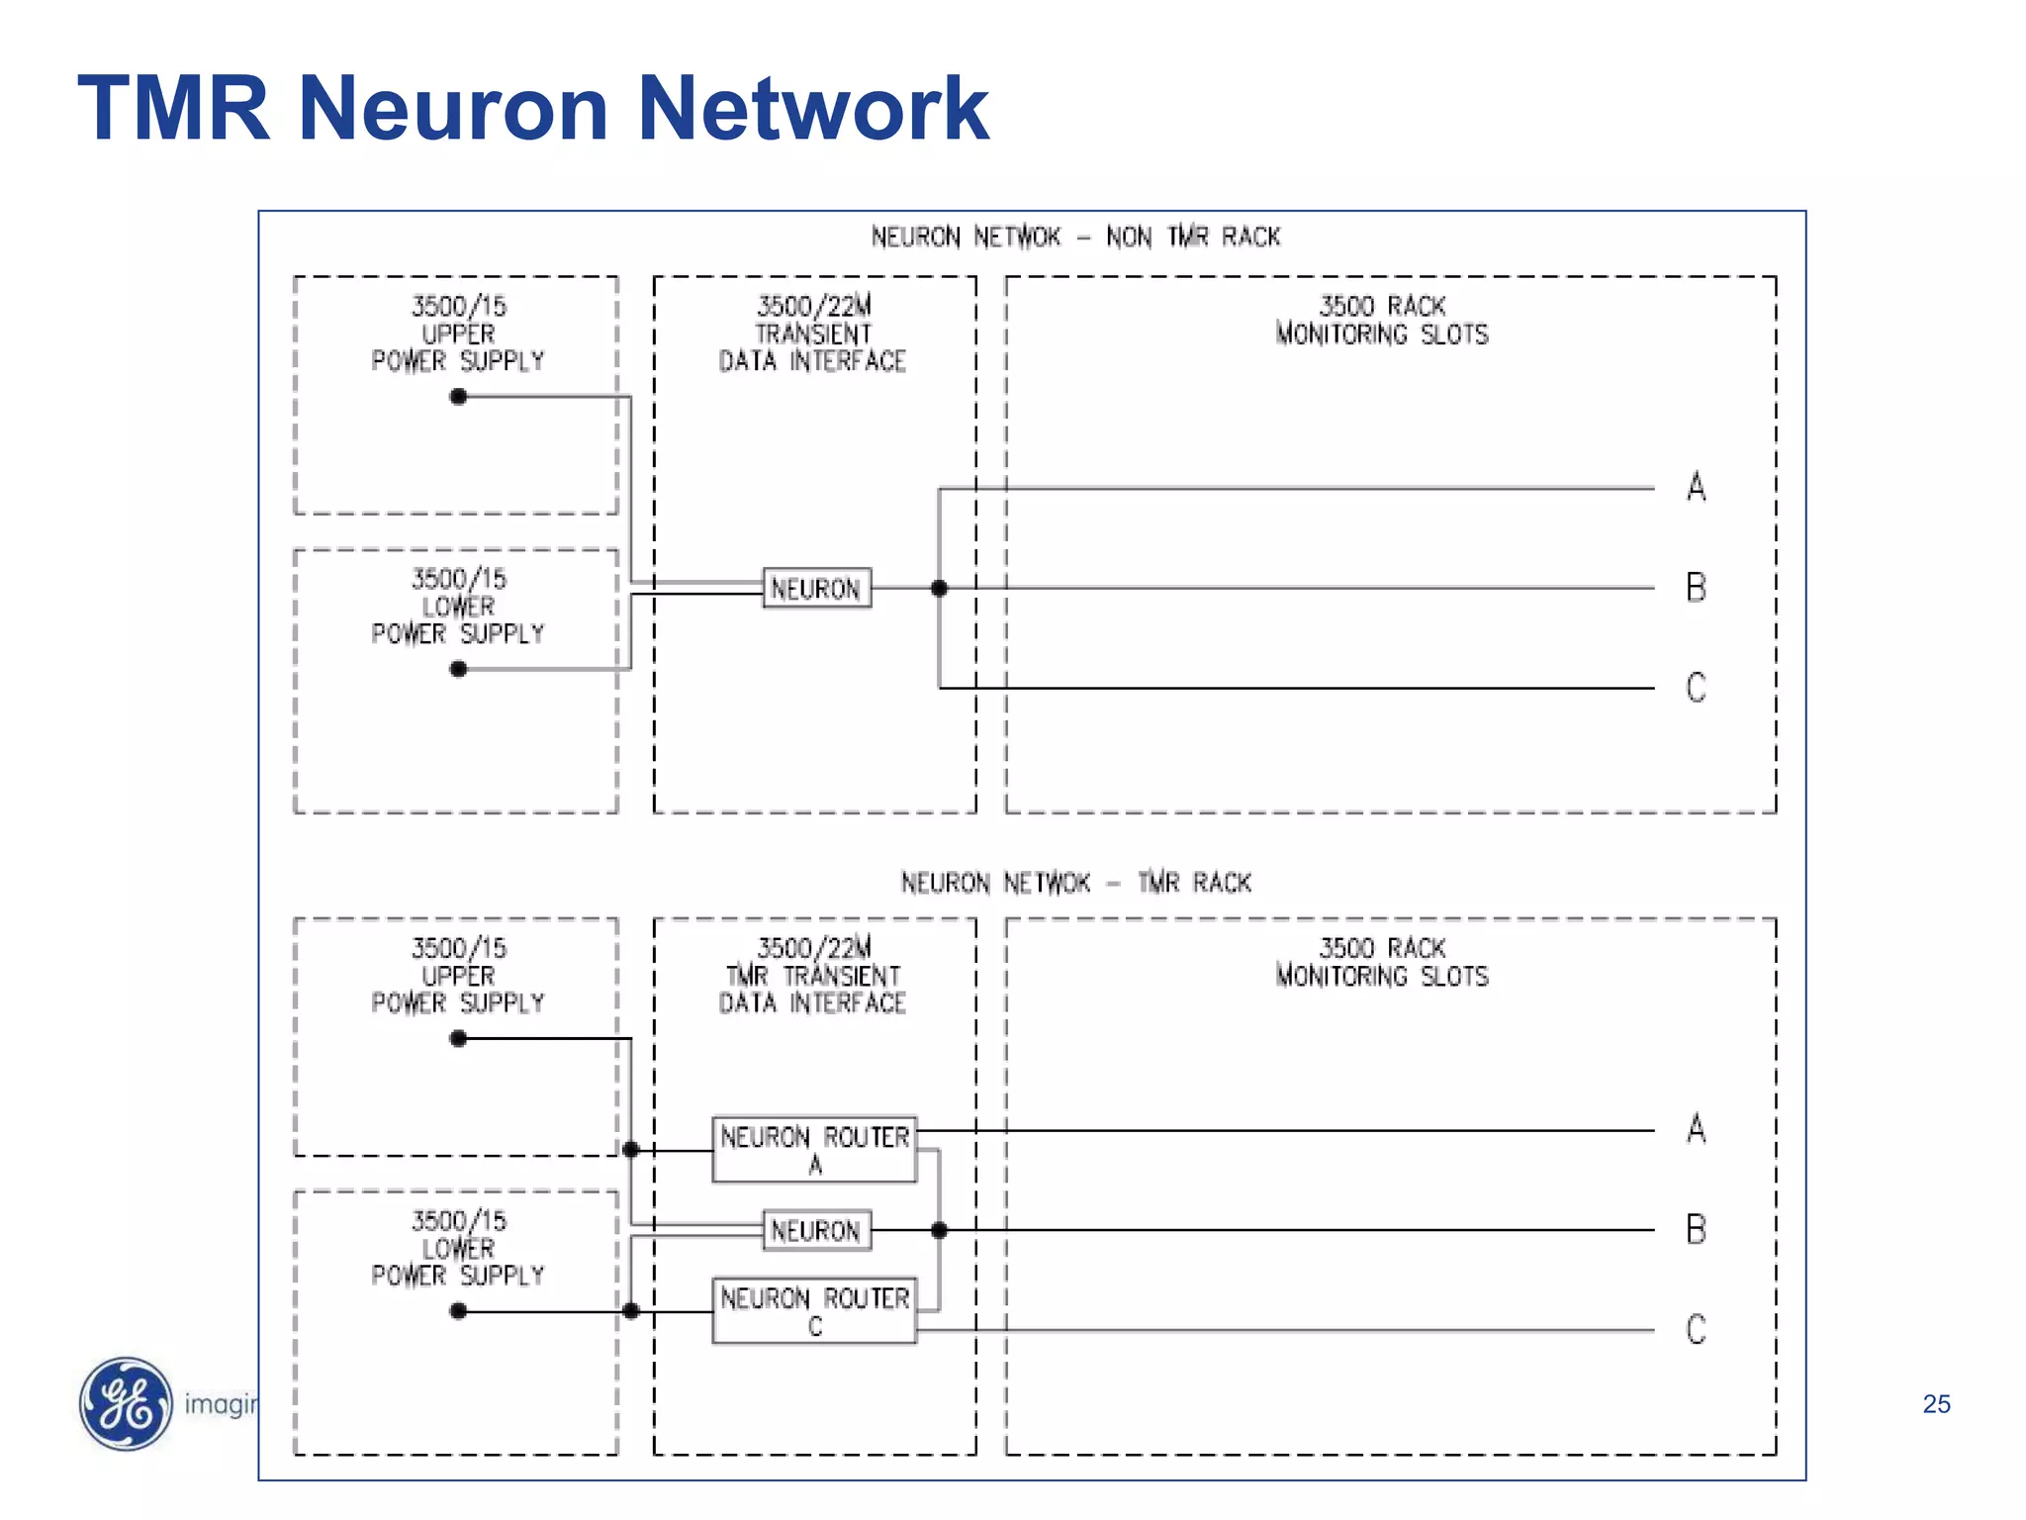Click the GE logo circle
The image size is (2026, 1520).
click(x=126, y=1403)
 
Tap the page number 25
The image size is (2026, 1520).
click(x=1936, y=1404)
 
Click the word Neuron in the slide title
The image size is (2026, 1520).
click(x=453, y=108)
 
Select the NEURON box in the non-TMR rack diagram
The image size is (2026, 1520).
click(x=816, y=589)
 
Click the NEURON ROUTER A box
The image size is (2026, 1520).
click(x=814, y=1149)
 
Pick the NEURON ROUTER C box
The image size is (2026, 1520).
click(x=814, y=1310)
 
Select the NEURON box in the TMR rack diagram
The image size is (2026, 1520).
click(x=816, y=1230)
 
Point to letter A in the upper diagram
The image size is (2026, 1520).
click(x=1697, y=487)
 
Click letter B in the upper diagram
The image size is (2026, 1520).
click(x=1697, y=588)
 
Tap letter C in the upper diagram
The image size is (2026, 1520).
click(x=1697, y=688)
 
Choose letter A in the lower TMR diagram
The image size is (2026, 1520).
click(x=1697, y=1129)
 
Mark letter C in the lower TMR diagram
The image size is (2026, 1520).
click(x=1697, y=1330)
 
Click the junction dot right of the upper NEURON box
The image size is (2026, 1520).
click(x=939, y=589)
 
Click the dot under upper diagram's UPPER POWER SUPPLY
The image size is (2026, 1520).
click(x=458, y=397)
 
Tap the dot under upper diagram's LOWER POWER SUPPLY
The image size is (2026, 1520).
click(x=458, y=670)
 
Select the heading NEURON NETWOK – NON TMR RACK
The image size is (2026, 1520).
click(x=1075, y=237)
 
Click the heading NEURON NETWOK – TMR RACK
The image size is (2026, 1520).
click(x=1075, y=883)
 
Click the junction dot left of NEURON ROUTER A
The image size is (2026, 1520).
click(x=631, y=1150)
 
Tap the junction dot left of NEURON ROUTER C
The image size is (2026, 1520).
click(x=631, y=1311)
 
